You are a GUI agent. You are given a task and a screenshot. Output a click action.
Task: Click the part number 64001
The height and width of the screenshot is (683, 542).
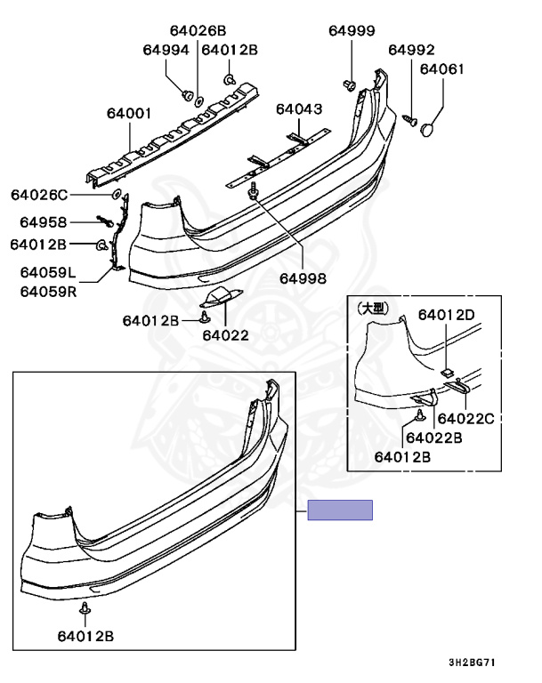point(129,114)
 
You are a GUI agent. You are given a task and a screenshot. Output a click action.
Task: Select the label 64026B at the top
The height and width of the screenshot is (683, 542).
point(198,31)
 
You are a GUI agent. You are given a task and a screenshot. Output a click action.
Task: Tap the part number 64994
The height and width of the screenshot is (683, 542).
point(166,50)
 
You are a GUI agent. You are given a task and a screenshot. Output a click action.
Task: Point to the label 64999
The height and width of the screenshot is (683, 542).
point(352,31)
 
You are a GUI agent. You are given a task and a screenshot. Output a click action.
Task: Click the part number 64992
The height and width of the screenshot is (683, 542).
point(412,50)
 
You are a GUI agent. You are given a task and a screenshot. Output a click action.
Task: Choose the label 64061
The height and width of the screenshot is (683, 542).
point(442,69)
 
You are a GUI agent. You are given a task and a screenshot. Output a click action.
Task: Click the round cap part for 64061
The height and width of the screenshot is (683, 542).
point(428,129)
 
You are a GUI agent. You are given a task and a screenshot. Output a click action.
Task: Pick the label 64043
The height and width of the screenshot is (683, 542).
point(299,108)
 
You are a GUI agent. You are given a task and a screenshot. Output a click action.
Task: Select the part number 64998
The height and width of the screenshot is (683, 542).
point(303,278)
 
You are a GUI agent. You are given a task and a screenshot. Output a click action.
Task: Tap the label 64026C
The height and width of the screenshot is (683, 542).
point(39,195)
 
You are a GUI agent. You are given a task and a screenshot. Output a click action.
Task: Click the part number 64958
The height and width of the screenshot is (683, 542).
point(44,222)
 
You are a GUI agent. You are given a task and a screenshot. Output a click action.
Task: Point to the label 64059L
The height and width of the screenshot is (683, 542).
point(48,273)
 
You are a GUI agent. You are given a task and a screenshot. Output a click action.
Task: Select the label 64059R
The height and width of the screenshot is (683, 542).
point(48,292)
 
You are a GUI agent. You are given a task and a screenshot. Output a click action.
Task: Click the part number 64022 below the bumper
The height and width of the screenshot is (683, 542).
point(225,335)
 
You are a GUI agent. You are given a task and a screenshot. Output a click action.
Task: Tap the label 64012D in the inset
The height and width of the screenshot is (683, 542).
point(447,315)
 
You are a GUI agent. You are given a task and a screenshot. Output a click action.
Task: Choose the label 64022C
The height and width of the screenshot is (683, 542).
point(466,419)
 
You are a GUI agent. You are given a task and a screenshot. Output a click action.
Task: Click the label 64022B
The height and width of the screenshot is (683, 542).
point(433,438)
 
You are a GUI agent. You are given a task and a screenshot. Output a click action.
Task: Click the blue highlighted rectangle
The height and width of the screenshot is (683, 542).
point(340,510)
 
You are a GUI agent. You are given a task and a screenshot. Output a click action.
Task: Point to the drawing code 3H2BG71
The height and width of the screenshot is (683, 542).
point(473,663)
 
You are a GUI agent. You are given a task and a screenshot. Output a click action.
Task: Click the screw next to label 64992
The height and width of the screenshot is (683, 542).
point(409,119)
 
